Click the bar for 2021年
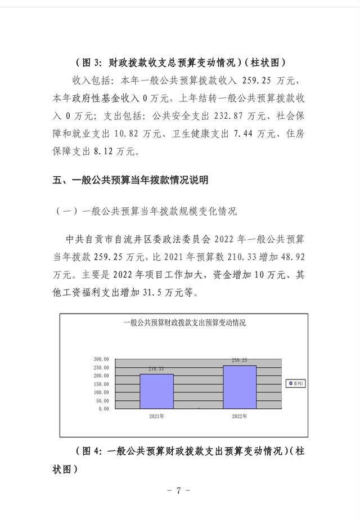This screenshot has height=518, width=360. (156, 391)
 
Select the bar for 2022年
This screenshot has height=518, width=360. (240, 387)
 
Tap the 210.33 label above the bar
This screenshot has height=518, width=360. (156, 369)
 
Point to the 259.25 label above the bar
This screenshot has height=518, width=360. (240, 360)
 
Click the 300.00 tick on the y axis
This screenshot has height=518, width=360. (101, 359)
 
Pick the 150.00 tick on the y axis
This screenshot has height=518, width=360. (101, 384)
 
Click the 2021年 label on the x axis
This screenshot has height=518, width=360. (156, 417)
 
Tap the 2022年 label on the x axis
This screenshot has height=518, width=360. (240, 417)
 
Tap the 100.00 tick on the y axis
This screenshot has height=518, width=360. (101, 392)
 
